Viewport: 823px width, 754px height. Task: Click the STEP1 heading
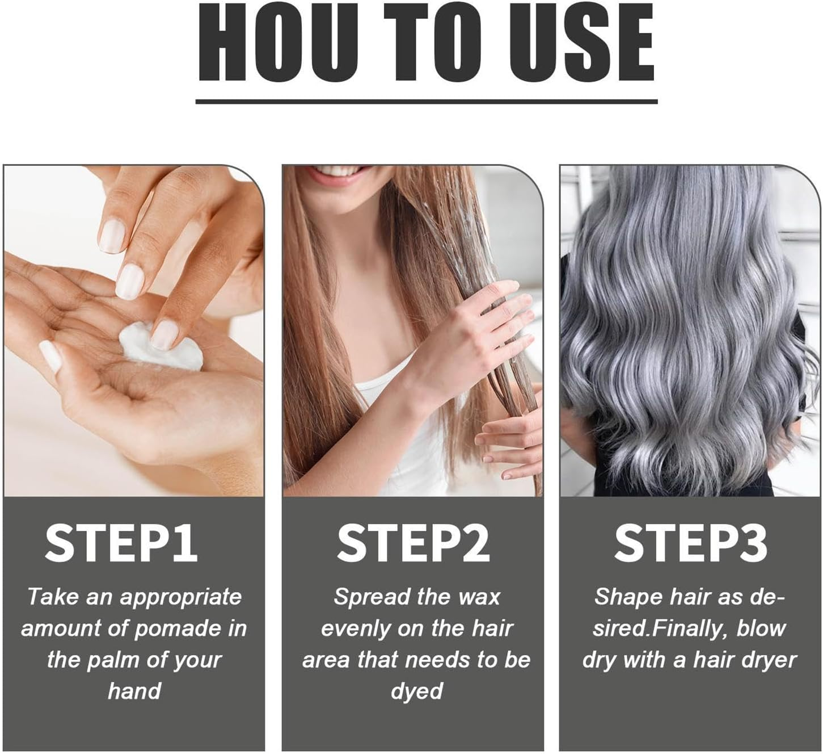(121, 543)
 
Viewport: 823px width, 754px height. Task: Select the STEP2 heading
(413, 543)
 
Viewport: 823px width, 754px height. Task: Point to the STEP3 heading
(690, 543)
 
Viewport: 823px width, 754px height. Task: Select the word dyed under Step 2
(416, 692)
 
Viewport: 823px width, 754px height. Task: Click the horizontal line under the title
(426, 102)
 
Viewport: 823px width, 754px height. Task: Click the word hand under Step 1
(134, 691)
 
